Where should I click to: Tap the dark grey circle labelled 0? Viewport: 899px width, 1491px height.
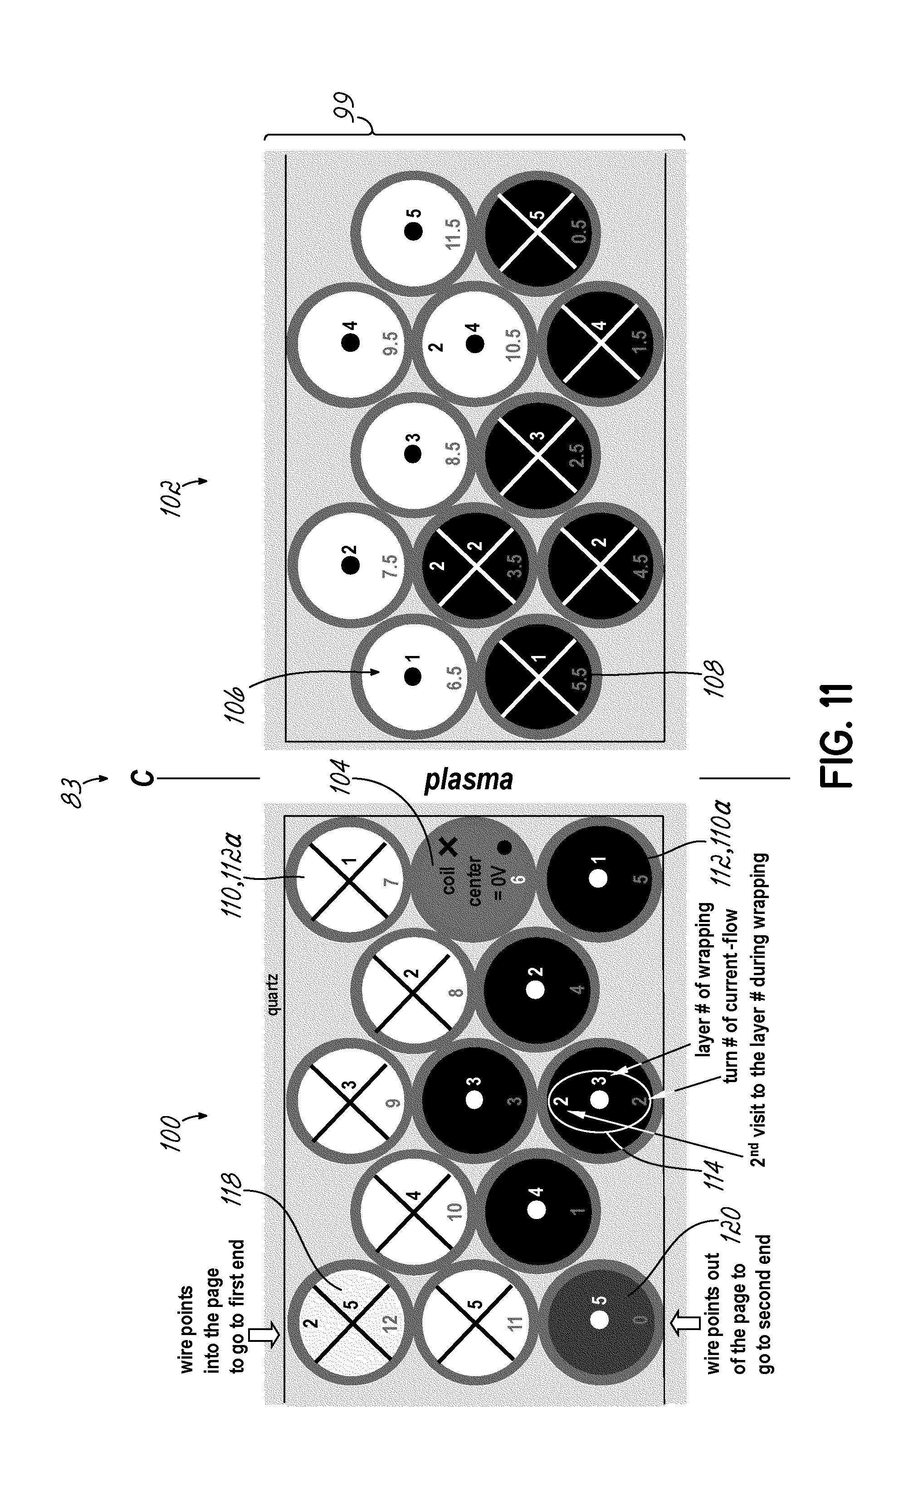click(599, 1320)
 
